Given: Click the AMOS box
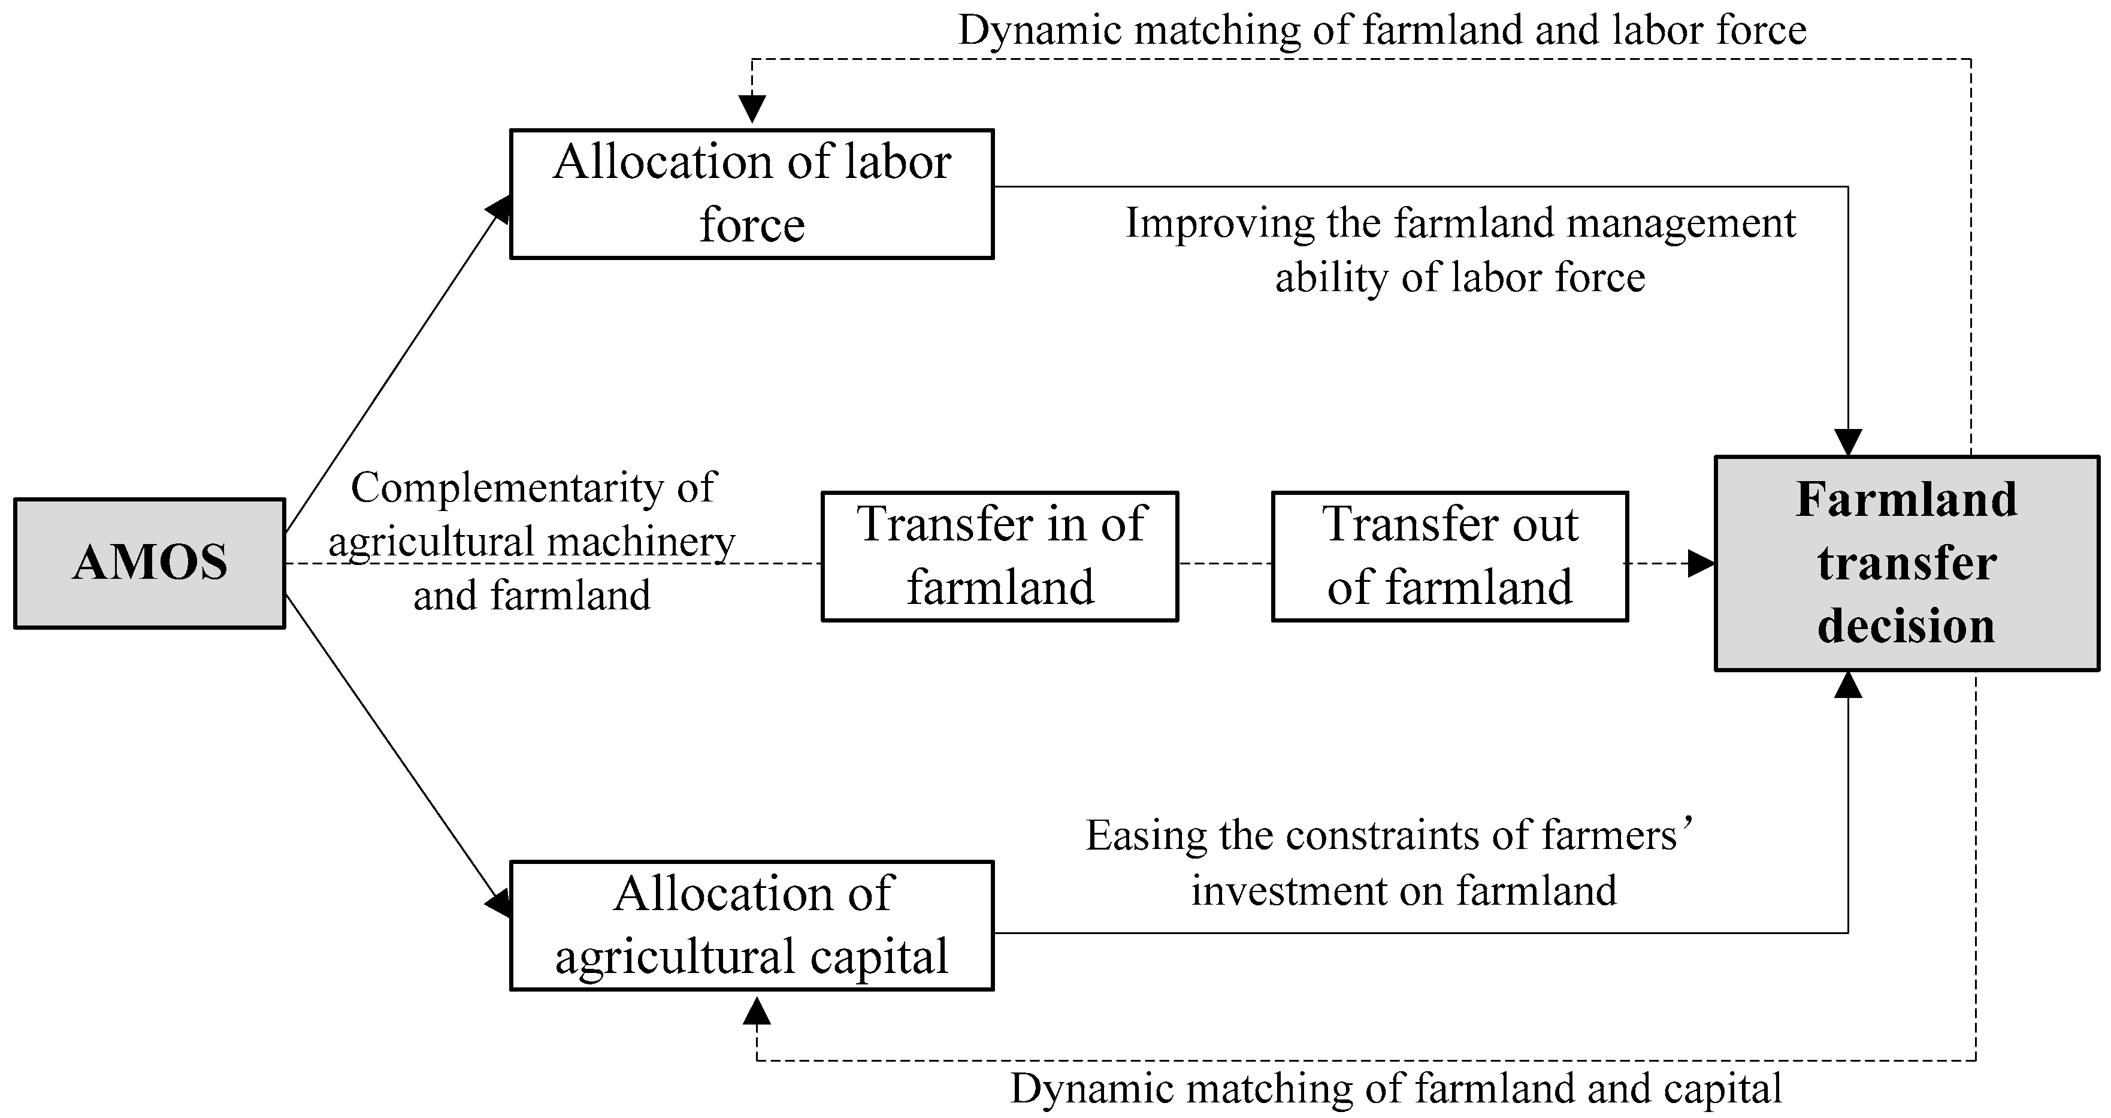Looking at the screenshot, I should [150, 563].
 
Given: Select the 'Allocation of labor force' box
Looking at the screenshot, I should [751, 194].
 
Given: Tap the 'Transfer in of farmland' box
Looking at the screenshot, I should [1000, 557].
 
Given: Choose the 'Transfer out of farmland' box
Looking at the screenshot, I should [1450, 557].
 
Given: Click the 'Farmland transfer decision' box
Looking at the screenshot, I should [1907, 563].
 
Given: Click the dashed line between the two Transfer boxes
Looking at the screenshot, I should [1224, 564].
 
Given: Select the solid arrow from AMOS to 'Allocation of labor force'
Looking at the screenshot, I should [394, 369].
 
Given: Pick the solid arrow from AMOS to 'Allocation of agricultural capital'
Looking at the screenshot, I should [394, 750].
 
